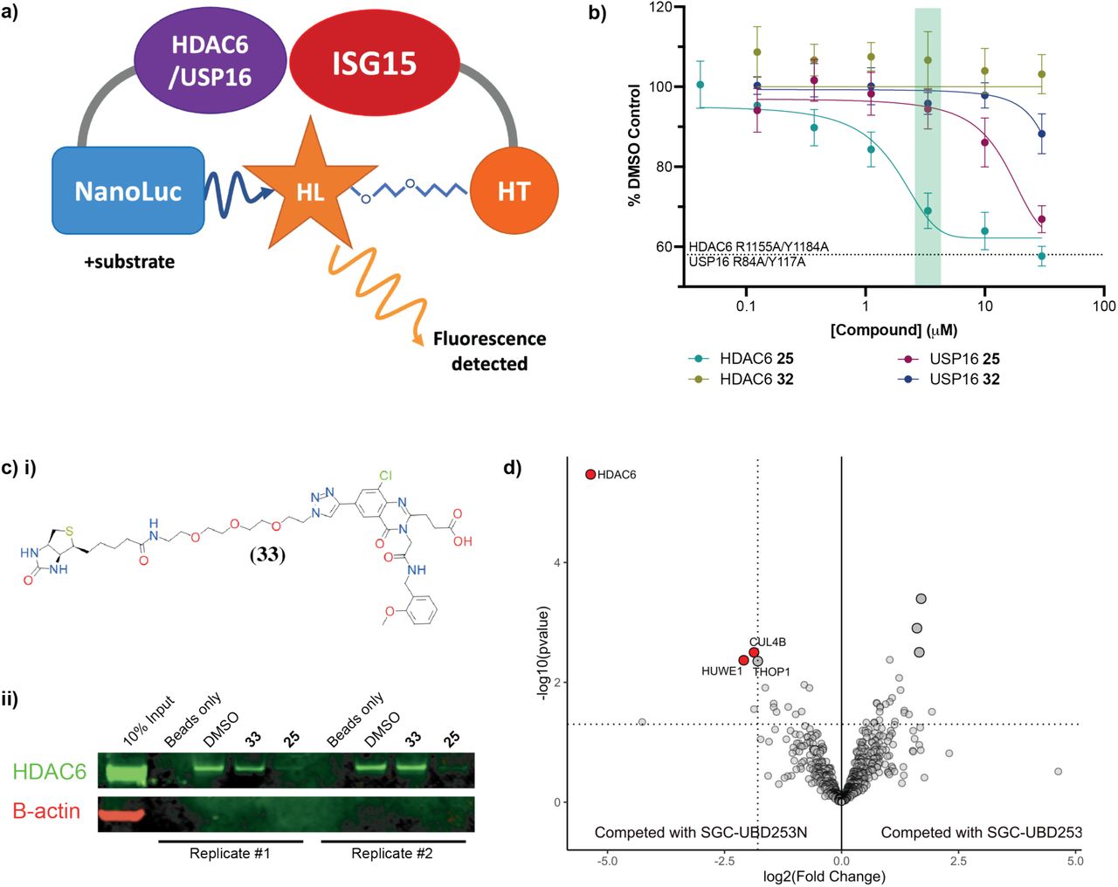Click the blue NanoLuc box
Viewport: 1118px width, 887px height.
tap(128, 190)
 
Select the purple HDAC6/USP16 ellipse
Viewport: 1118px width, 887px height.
tap(210, 61)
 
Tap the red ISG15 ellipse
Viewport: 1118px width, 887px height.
tap(374, 63)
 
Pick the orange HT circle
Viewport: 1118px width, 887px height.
tap(514, 190)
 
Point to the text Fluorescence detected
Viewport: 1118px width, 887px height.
tap(489, 351)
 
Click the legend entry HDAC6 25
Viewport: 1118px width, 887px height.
tap(756, 359)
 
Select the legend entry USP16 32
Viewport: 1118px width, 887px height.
tap(963, 380)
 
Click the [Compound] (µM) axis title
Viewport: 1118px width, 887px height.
tap(893, 330)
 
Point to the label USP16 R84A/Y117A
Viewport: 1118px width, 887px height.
tap(748, 262)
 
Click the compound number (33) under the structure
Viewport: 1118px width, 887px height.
tap(267, 554)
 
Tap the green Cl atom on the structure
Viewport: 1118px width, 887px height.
tap(385, 477)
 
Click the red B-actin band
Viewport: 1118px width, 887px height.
tap(120, 815)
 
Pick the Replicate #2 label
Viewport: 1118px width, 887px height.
tap(391, 853)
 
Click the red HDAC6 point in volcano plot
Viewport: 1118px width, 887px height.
tap(590, 474)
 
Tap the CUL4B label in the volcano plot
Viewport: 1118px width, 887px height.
tap(767, 643)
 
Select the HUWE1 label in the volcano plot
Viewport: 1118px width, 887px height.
tap(721, 671)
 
